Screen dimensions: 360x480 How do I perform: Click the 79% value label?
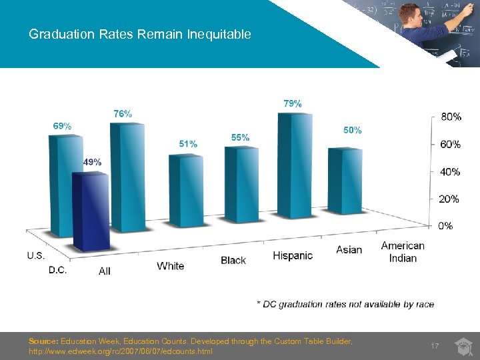pos(293,103)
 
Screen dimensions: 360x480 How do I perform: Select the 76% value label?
pos(122,114)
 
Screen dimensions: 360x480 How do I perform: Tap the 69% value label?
pos(63,125)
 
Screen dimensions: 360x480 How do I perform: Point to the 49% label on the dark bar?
pos(92,162)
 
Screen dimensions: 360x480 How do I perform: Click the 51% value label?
pos(188,143)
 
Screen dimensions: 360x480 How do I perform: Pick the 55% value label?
pos(241,137)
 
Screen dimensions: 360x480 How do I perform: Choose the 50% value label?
pos(353,130)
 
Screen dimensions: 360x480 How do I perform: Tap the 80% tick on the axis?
pos(451,117)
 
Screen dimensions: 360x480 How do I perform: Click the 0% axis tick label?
pos(445,226)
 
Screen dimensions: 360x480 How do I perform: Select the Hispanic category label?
pos(293,255)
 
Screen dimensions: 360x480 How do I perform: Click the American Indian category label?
pos(403,251)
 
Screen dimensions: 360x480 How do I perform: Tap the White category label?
pos(171,266)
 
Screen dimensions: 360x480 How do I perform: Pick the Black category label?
pos(233,260)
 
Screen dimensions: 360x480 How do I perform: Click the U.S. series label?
pos(37,255)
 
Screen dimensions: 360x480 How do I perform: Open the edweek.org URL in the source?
pos(121,351)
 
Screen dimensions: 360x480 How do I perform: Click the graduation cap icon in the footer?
pos(463,346)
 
